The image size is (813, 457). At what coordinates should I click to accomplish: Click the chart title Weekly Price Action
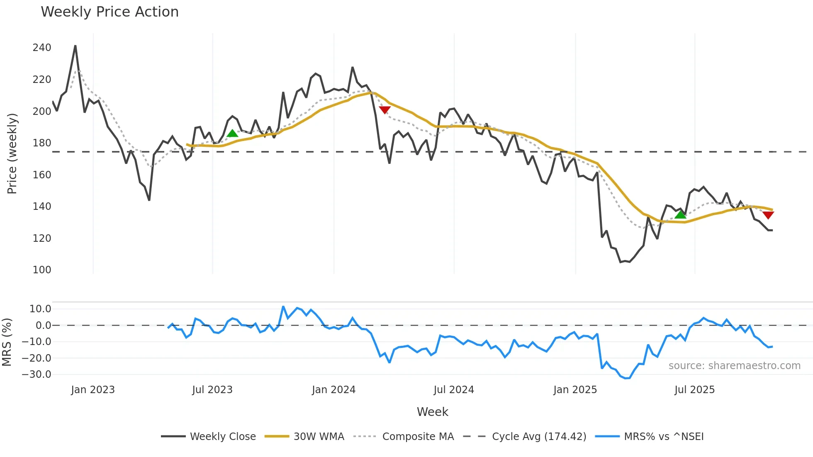tap(110, 12)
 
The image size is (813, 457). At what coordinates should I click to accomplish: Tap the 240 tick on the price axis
tap(42, 48)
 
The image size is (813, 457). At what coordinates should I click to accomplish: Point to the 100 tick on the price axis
tap(42, 270)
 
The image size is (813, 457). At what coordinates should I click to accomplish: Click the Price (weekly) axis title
tap(12, 153)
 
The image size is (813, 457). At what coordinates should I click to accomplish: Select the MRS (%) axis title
tap(7, 342)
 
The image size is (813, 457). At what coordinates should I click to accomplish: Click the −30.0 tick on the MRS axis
tap(37, 374)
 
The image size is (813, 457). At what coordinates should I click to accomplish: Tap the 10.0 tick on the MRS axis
tap(40, 309)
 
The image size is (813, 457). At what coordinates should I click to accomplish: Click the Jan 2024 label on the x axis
tap(333, 390)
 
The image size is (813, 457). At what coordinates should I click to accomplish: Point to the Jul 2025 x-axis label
tap(694, 390)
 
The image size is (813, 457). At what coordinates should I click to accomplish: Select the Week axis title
tap(432, 412)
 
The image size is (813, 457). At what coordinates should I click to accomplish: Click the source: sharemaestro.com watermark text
tap(734, 366)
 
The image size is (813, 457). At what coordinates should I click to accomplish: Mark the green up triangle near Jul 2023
tap(232, 133)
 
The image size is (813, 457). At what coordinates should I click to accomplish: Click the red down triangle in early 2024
tap(385, 110)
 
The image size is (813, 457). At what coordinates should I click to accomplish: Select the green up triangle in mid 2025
tap(680, 214)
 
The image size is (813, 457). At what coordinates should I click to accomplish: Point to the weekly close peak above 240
tap(75, 46)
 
